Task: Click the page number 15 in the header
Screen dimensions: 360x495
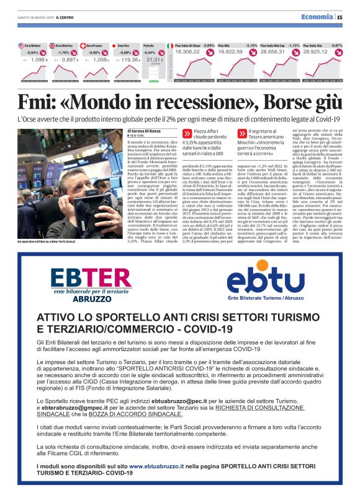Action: tap(340, 17)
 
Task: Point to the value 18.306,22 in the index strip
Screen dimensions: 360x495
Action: tap(187, 52)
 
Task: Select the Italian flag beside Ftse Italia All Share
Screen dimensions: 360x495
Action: tap(170, 45)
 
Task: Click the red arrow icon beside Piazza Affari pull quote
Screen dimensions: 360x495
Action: tap(187, 133)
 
